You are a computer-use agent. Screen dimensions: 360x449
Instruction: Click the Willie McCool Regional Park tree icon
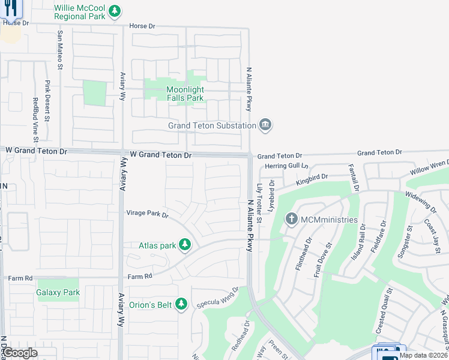[115, 11]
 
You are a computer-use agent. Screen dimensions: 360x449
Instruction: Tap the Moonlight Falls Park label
[185, 94]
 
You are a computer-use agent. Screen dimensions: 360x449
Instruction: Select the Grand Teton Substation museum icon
[265, 125]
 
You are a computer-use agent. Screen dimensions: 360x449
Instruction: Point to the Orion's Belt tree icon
[182, 305]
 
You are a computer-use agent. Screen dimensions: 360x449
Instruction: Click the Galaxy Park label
[58, 293]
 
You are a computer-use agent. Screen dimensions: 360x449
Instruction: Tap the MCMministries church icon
[292, 219]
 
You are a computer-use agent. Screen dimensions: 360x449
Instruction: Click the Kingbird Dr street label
[312, 178]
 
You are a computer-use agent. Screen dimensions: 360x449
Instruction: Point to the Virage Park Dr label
[147, 213]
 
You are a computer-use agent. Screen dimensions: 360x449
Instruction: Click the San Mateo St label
[60, 47]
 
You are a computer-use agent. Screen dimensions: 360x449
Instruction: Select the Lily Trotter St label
[259, 203]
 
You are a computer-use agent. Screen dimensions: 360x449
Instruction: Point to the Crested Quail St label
[382, 311]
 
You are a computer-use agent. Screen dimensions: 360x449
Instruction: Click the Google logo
[19, 353]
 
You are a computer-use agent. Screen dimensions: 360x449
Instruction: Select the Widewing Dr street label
[421, 201]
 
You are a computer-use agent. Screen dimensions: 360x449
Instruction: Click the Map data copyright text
[423, 355]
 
